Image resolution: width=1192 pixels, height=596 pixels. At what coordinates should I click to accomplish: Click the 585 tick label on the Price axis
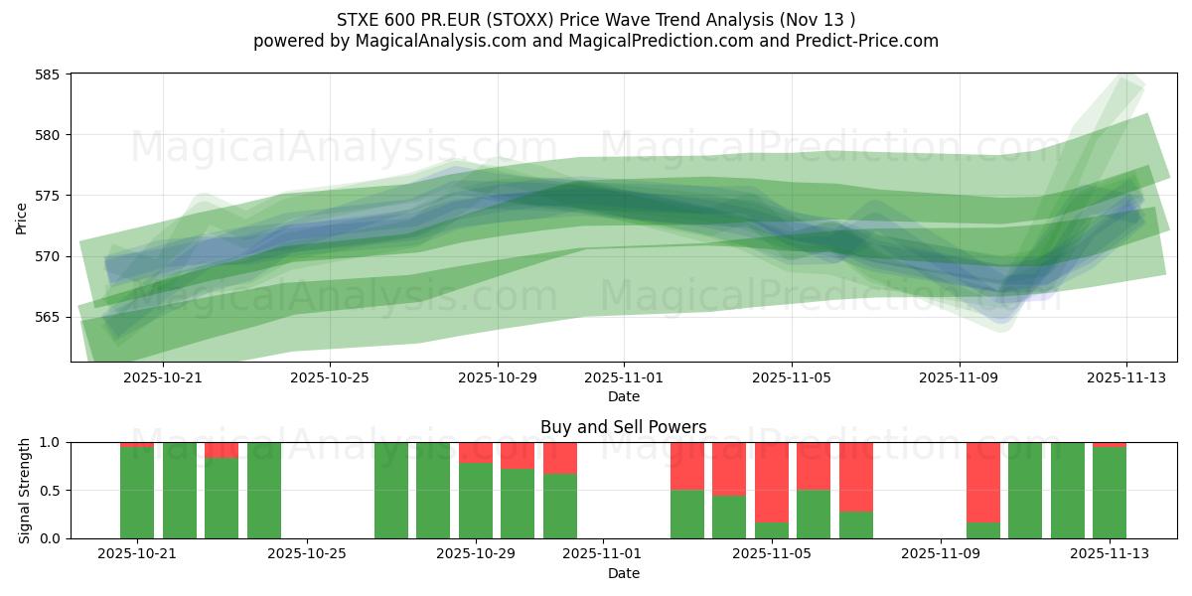(48, 74)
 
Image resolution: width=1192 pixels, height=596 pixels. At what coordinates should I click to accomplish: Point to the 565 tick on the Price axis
(48, 317)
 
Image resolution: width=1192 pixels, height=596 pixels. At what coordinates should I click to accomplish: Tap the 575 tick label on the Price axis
(48, 196)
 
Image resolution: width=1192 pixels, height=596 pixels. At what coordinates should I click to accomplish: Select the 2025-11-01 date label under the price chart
(624, 377)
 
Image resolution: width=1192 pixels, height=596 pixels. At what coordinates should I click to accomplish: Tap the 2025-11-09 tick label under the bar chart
(940, 554)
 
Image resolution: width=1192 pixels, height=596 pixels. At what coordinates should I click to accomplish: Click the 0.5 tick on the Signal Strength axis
(52, 491)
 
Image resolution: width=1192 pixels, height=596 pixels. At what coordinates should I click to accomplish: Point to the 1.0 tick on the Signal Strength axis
(52, 442)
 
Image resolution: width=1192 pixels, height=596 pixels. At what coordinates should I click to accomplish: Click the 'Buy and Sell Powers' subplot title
(623, 427)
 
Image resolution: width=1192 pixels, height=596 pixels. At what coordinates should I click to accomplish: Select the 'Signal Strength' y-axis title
(25, 490)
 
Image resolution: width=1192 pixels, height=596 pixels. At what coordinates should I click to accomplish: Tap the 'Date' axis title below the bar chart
(623, 573)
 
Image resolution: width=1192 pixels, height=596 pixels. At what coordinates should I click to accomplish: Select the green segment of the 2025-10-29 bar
(476, 501)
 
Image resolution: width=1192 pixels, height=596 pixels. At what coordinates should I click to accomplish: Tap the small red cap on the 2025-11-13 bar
(1110, 444)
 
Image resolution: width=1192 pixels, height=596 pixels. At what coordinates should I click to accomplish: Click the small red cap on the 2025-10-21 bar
(137, 444)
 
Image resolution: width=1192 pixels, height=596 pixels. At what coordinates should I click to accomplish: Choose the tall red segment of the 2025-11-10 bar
(983, 482)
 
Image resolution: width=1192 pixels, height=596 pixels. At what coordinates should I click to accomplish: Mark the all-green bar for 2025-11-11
(1025, 491)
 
